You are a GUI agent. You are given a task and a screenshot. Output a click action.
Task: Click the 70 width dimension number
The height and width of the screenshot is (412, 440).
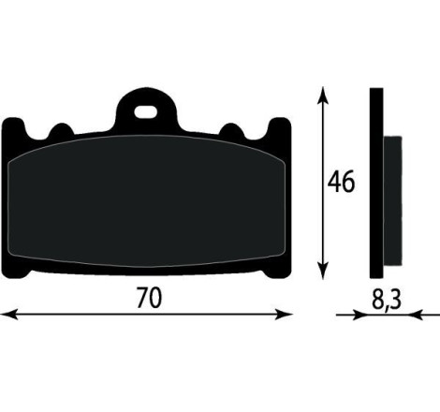pyautogui.click(x=149, y=298)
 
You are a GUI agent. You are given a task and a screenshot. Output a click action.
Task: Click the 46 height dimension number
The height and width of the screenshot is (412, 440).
pyautogui.click(x=341, y=182)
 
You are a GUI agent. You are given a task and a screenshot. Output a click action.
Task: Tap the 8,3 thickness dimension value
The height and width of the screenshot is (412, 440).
pyautogui.click(x=386, y=300)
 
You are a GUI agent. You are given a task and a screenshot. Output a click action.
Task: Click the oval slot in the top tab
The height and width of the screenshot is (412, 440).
pyautogui.click(x=145, y=112)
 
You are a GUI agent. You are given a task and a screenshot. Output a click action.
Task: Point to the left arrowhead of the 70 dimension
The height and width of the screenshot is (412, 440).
pyautogui.click(x=8, y=315)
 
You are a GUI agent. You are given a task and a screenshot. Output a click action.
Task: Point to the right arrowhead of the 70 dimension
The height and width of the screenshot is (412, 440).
pyautogui.click(x=284, y=315)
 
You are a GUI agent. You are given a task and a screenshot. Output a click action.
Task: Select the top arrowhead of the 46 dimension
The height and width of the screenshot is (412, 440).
pyautogui.click(x=323, y=96)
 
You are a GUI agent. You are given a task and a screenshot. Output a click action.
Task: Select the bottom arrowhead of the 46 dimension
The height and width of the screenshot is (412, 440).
pyautogui.click(x=323, y=270)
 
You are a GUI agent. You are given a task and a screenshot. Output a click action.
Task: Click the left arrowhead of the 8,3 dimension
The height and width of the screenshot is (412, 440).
pyautogui.click(x=359, y=315)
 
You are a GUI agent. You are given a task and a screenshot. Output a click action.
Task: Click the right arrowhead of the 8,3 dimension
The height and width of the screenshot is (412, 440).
pyautogui.click(x=416, y=315)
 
